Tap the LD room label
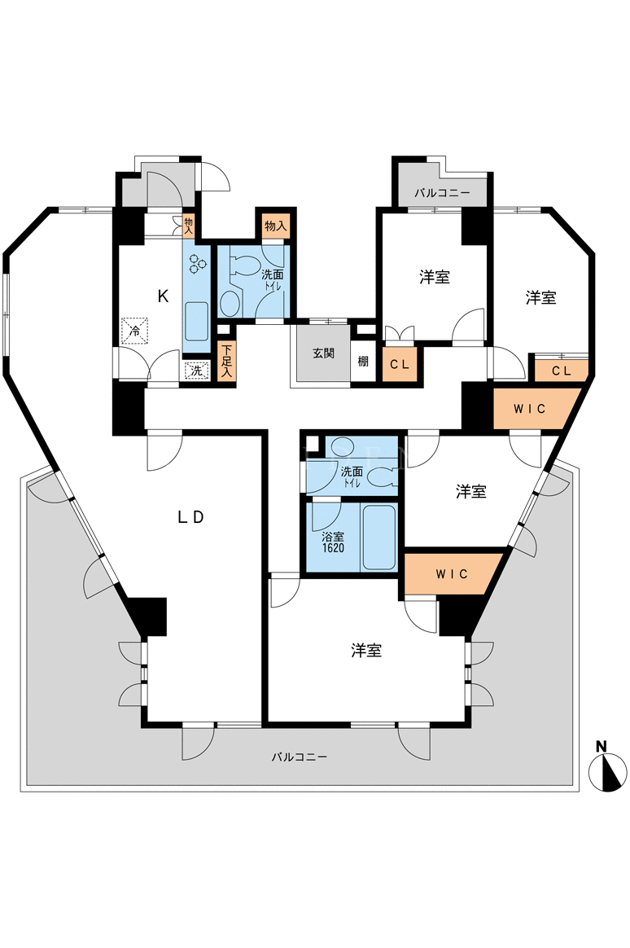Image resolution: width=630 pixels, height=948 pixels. [x=191, y=517]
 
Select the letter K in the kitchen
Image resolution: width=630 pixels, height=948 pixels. [x=163, y=296]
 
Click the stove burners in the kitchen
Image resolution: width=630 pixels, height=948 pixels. [x=198, y=262]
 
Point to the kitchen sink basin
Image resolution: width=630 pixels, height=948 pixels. [x=196, y=321]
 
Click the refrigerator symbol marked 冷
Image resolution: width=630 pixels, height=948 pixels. [x=135, y=331]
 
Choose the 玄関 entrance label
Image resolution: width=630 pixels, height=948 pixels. [x=324, y=353]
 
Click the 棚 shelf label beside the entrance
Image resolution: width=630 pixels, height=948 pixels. [x=363, y=362]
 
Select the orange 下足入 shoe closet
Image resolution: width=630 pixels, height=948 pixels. [x=226, y=362]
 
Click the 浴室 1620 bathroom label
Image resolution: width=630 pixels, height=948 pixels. [x=333, y=542]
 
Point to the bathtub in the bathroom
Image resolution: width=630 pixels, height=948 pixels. [x=378, y=538]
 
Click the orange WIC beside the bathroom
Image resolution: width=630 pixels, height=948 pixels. [x=451, y=573]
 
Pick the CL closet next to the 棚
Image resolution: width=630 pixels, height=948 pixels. [x=400, y=364]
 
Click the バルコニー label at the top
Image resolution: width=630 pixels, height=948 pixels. [x=442, y=194]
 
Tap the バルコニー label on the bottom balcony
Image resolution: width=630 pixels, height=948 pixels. [x=299, y=757]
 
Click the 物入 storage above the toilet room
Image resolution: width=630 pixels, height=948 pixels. [x=275, y=226]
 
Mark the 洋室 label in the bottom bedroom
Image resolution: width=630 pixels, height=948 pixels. [x=366, y=651]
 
